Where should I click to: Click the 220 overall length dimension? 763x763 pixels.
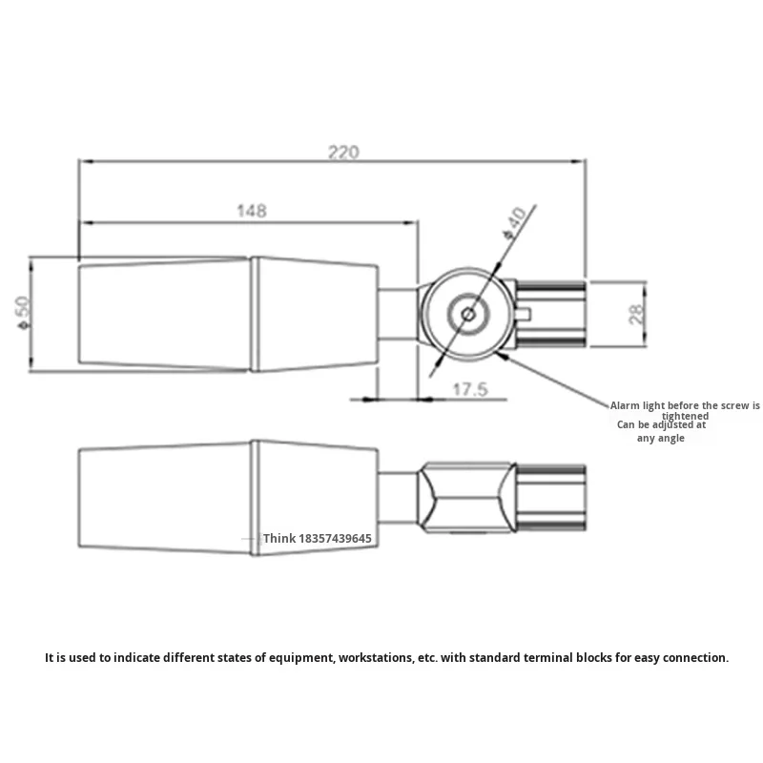[x=343, y=152]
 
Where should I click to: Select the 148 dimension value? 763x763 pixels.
[x=252, y=212]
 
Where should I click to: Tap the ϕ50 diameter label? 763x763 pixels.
[x=26, y=312]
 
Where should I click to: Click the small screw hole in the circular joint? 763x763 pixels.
[x=467, y=313]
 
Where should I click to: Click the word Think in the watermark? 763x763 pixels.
[x=280, y=539]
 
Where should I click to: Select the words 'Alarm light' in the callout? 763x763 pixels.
[x=640, y=405]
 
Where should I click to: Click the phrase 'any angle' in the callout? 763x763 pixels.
[x=663, y=438]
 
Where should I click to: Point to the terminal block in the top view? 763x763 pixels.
[x=550, y=313]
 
